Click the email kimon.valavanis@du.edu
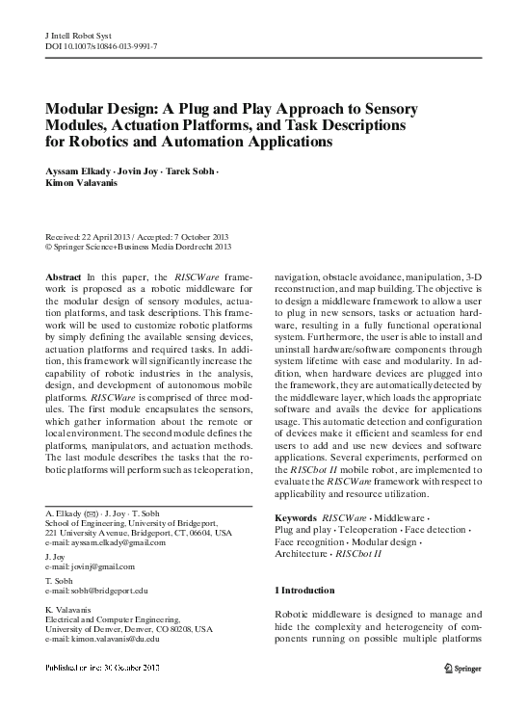pyautogui.click(x=110, y=638)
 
